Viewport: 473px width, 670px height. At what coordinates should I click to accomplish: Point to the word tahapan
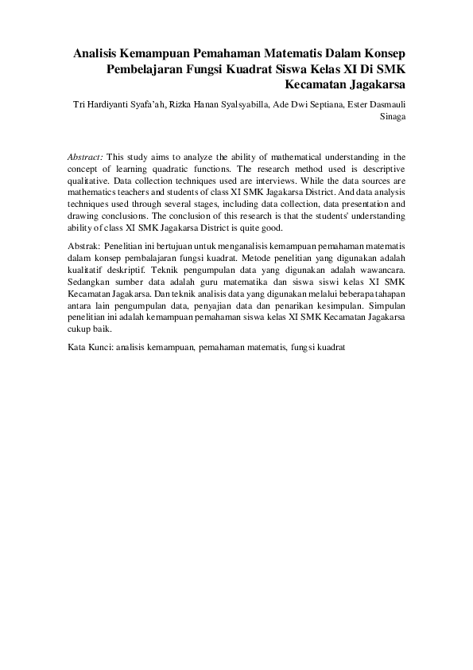388,293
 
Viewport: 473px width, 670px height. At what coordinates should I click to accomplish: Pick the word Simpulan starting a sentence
387,304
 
